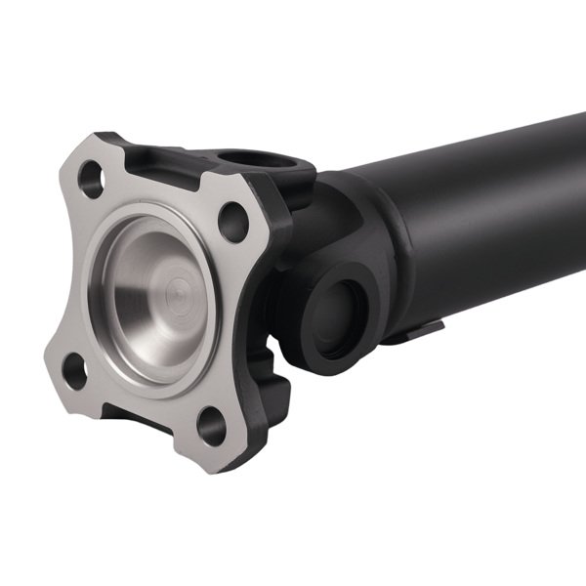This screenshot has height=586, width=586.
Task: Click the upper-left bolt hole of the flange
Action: [x=91, y=180]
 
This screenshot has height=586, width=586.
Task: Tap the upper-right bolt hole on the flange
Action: [x=232, y=222]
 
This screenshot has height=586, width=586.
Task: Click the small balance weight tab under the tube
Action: [x=422, y=332]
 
